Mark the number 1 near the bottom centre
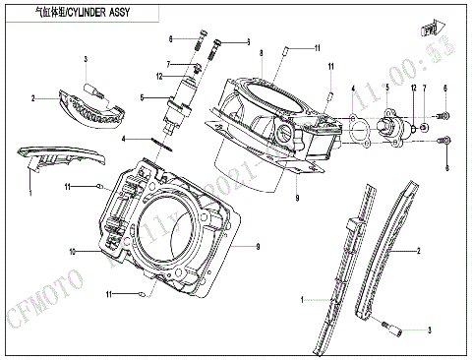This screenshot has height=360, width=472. point(302,295)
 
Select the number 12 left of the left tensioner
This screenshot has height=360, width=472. point(157,76)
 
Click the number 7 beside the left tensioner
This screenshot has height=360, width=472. point(168,63)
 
